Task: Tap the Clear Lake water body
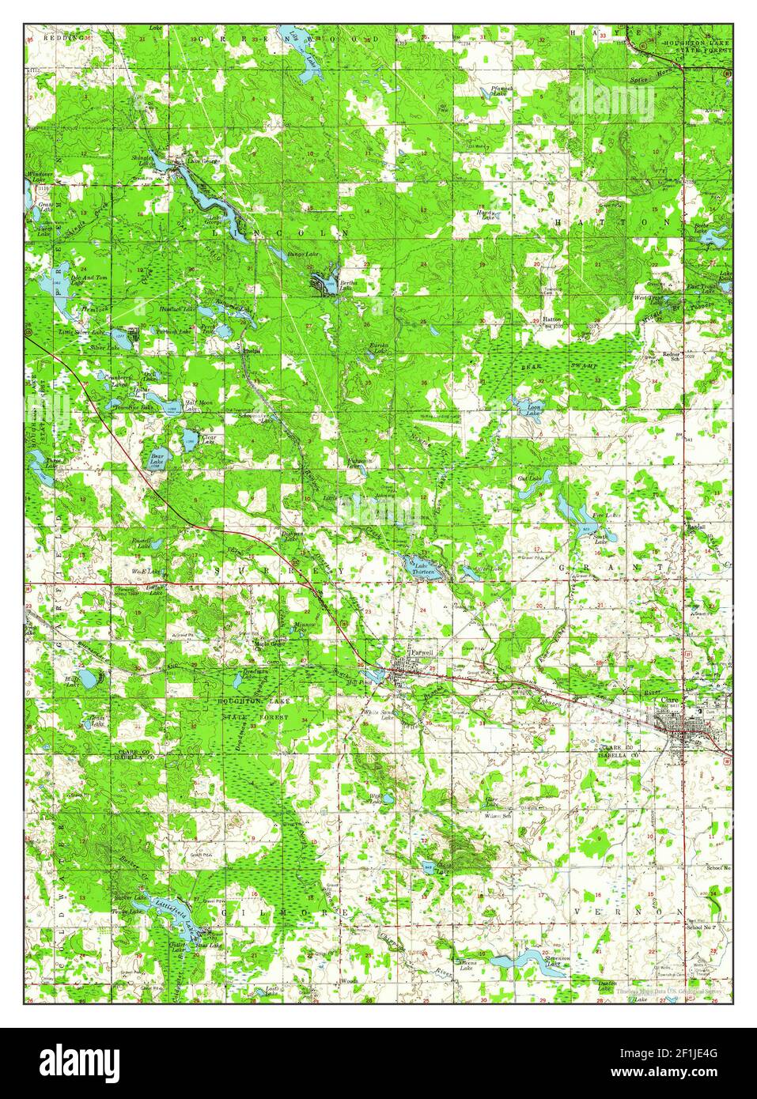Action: point(190,436)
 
